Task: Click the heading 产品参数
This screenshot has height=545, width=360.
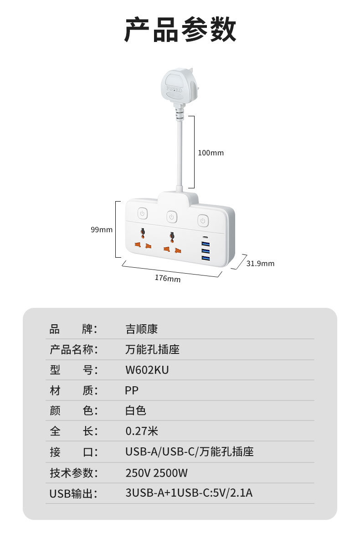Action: (180, 30)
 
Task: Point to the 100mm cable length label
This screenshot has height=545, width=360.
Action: (211, 153)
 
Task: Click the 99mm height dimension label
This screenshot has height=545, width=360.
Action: (101, 230)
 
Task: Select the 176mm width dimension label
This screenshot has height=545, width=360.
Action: (167, 278)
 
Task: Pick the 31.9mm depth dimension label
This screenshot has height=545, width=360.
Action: (260, 263)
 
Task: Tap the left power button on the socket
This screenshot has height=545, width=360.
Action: (143, 213)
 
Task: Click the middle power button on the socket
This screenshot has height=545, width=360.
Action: (171, 216)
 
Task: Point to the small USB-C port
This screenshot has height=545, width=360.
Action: (205, 238)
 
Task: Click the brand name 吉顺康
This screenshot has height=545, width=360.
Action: (141, 329)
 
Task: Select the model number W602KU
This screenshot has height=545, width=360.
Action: (147, 370)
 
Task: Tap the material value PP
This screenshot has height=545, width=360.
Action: (132, 390)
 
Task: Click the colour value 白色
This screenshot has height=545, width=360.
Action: (136, 410)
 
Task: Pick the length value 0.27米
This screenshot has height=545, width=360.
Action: (142, 431)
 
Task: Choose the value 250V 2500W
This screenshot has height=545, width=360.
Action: (156, 473)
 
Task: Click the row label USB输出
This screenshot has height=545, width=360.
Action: (73, 493)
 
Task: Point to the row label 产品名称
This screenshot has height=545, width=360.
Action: (73, 349)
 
